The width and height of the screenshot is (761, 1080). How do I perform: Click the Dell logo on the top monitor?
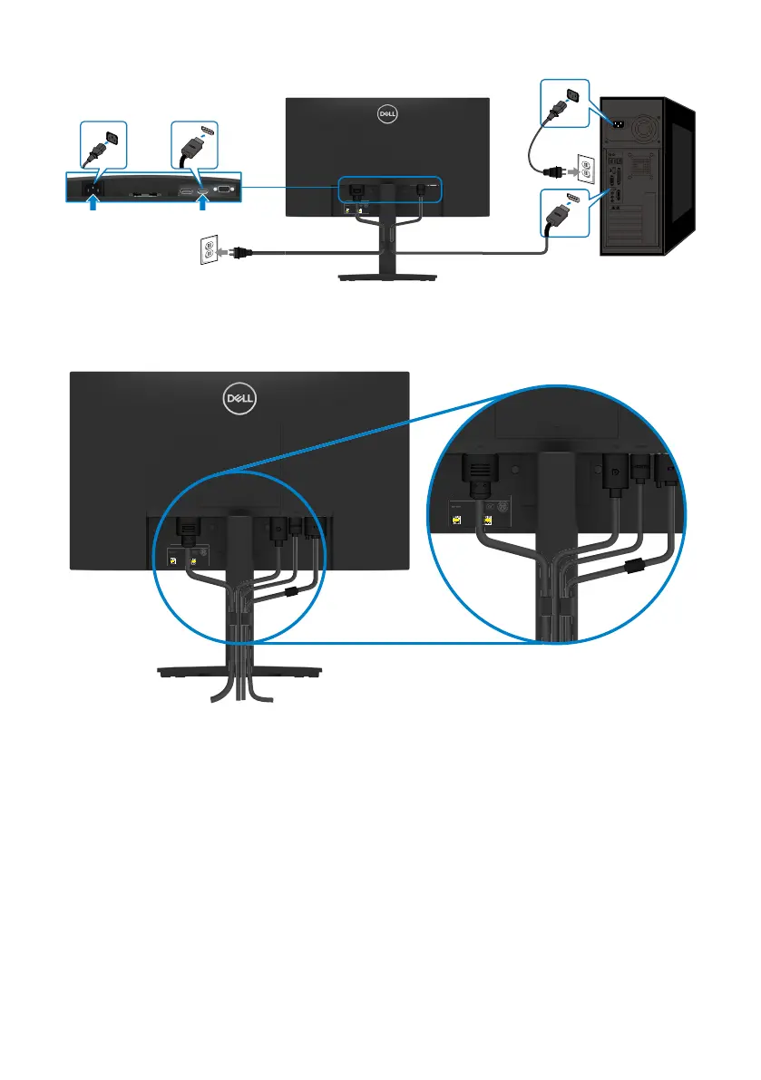(388, 113)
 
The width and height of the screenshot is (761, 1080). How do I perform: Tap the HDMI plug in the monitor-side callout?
(192, 145)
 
